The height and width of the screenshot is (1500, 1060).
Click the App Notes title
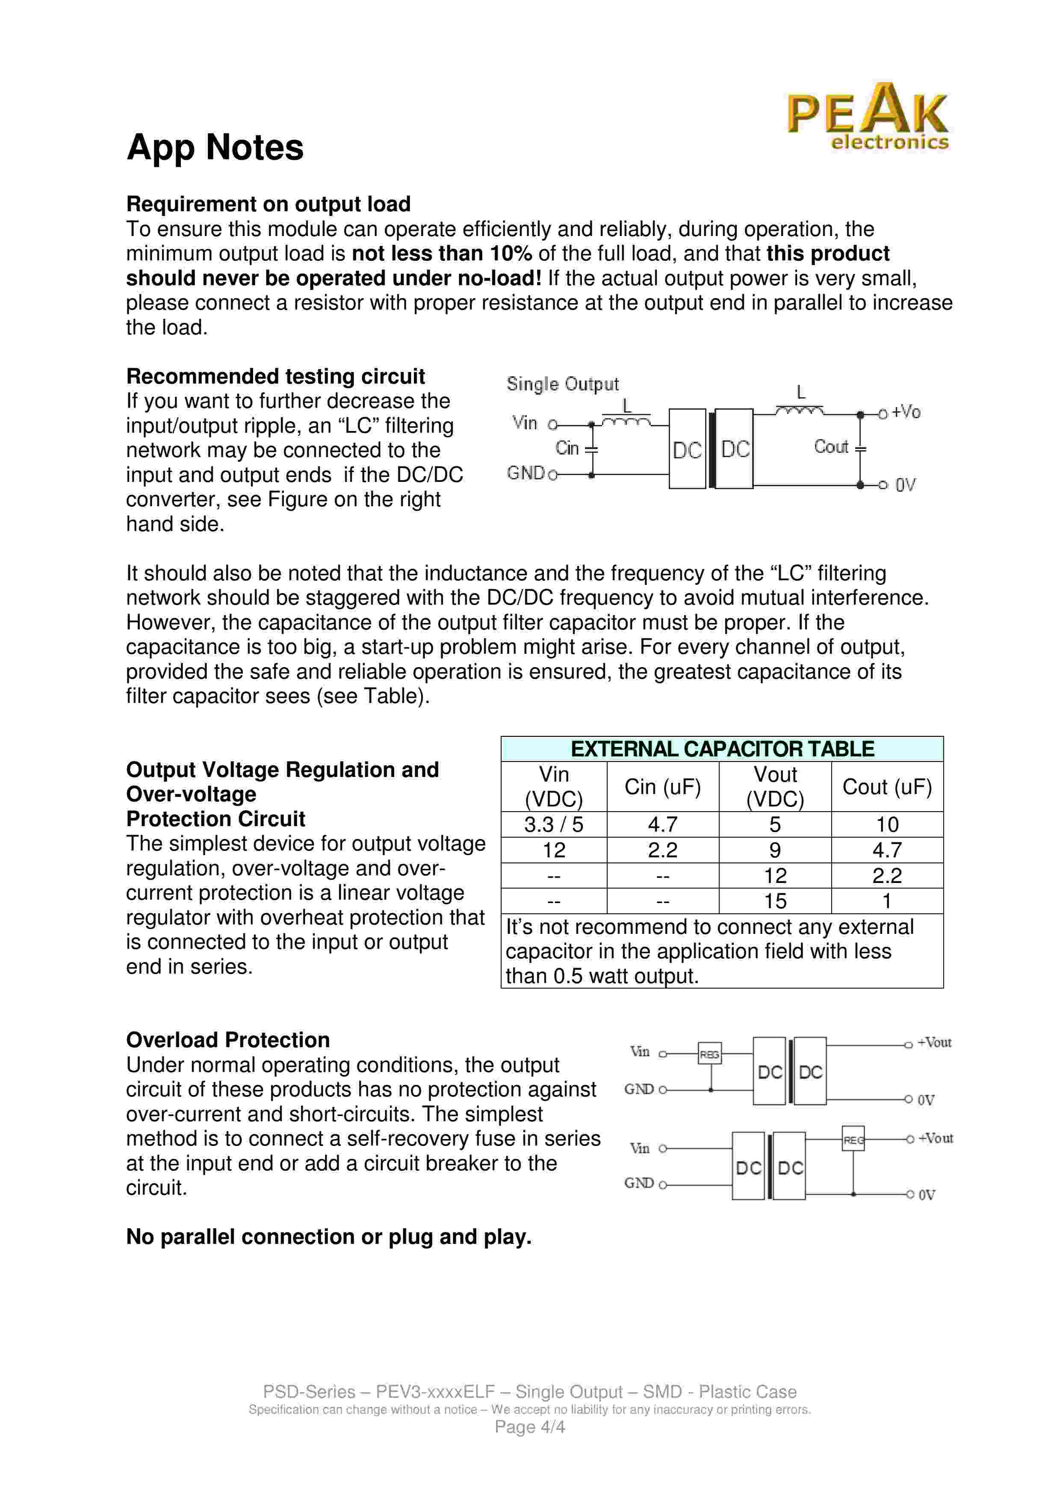(x=215, y=147)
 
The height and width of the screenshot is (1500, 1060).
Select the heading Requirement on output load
(x=268, y=204)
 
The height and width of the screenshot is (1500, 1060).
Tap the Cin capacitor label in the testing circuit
(x=567, y=448)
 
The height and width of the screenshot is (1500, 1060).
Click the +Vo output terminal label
(x=906, y=412)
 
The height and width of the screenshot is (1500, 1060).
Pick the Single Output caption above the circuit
(x=562, y=384)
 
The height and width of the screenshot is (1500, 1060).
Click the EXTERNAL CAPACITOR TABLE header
(x=722, y=749)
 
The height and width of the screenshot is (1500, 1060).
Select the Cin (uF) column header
(x=662, y=787)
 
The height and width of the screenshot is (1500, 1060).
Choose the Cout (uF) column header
(x=887, y=787)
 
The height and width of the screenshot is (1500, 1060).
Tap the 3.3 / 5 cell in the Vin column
(x=553, y=824)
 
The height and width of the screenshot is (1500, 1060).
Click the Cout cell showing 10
(x=887, y=824)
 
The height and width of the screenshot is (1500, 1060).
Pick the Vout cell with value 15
(x=775, y=901)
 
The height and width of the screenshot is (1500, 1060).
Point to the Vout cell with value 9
(x=775, y=850)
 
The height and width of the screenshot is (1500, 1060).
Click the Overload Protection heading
(x=228, y=1040)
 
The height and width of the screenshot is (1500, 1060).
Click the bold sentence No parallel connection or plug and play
(x=328, y=1237)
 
